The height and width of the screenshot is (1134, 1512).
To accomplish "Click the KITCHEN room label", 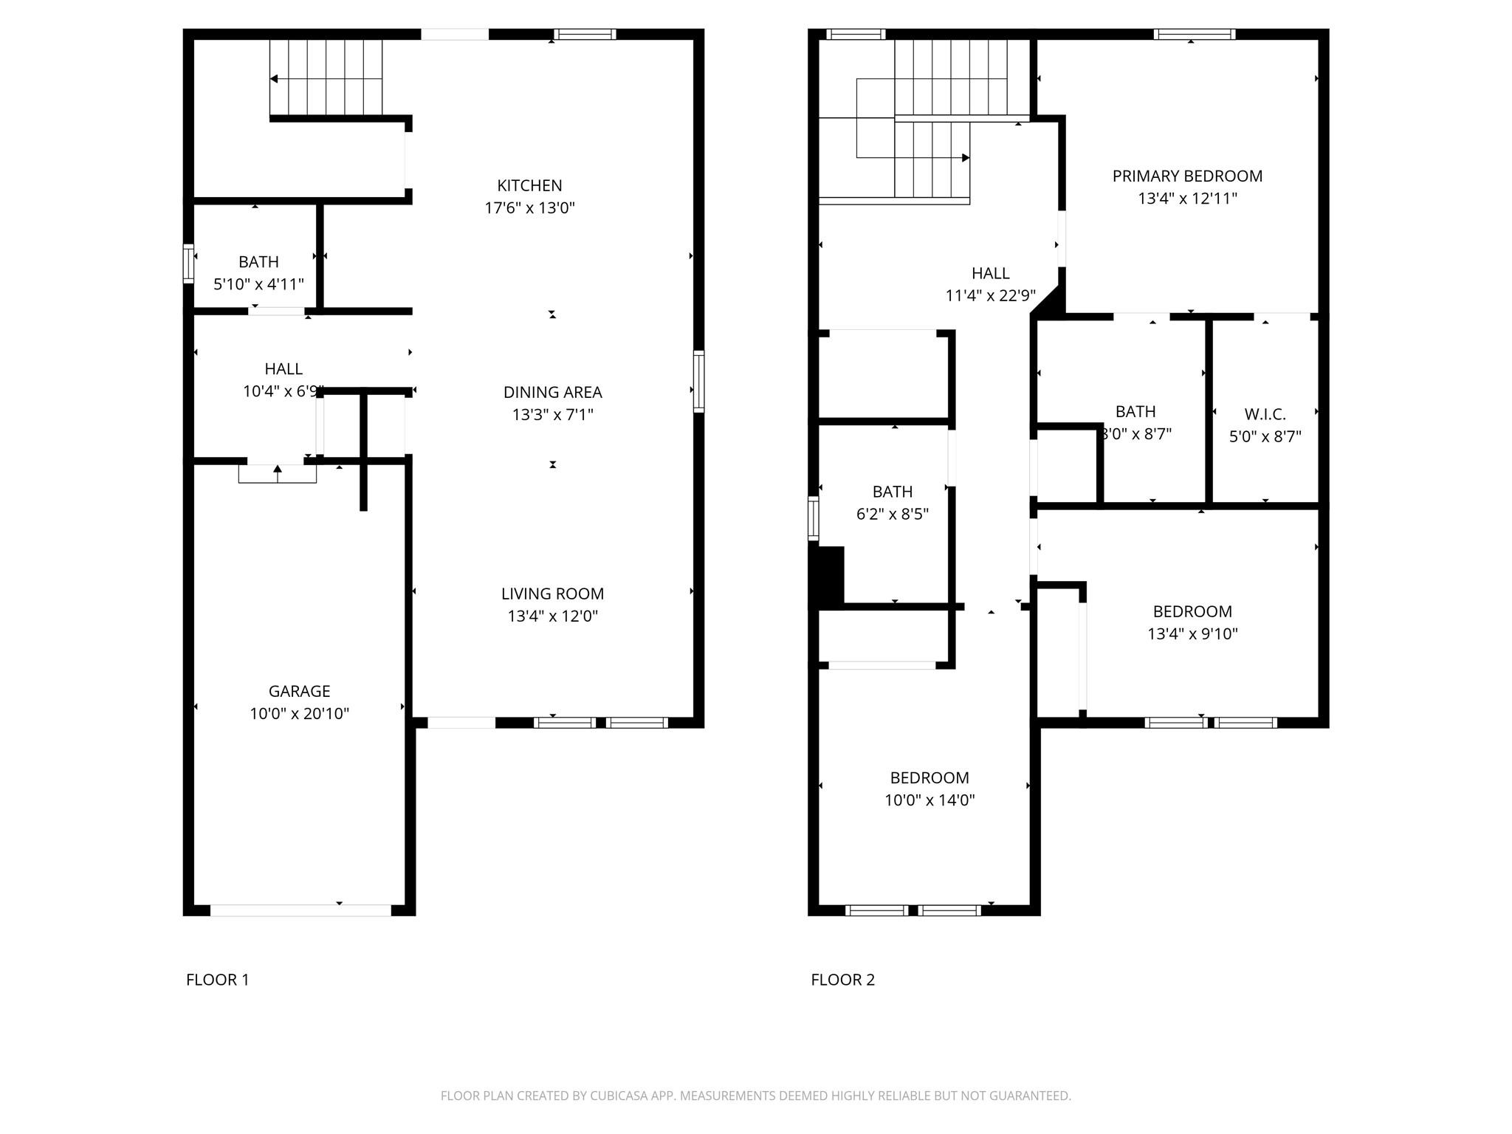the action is click(x=529, y=185).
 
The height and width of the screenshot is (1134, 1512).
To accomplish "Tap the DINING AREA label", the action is click(x=553, y=392).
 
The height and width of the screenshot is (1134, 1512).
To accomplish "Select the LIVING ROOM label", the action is click(x=552, y=594).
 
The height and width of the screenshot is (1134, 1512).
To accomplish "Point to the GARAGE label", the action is click(x=299, y=691).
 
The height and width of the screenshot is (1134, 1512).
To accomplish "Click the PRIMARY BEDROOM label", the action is click(x=1187, y=176).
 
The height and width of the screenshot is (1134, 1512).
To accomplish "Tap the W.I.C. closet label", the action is click(x=1265, y=414).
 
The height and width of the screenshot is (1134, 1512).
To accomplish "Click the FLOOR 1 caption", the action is click(x=218, y=980).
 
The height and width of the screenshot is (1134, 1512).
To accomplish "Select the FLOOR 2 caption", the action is click(x=842, y=980).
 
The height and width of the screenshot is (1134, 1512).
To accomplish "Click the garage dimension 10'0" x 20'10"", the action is click(x=299, y=713).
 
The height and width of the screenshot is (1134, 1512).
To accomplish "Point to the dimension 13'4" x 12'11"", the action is click(x=1187, y=198).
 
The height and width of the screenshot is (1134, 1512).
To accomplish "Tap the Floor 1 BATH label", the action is click(x=258, y=262).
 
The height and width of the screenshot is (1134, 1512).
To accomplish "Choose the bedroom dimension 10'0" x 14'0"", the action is click(x=929, y=800).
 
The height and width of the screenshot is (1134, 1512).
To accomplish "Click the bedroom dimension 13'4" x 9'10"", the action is click(x=1192, y=633).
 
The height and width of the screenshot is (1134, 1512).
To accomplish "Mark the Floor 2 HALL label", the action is click(x=990, y=273).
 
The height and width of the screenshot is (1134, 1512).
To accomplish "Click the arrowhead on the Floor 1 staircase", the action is click(x=274, y=79).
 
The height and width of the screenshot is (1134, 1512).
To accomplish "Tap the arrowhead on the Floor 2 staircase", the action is click(x=966, y=157).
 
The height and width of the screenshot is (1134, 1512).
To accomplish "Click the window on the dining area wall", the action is click(x=698, y=382).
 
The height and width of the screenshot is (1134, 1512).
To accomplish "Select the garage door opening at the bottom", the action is click(x=300, y=910).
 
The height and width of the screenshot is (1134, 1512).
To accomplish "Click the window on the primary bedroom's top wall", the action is click(x=1195, y=34).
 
